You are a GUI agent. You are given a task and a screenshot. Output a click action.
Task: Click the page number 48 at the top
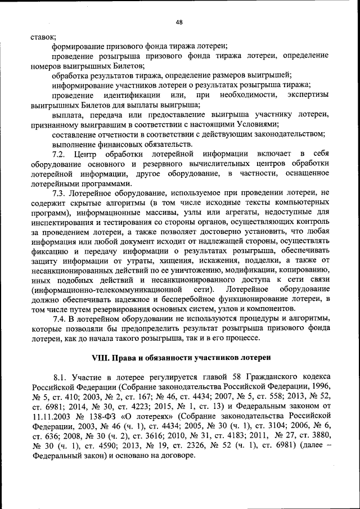click(179, 22)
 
